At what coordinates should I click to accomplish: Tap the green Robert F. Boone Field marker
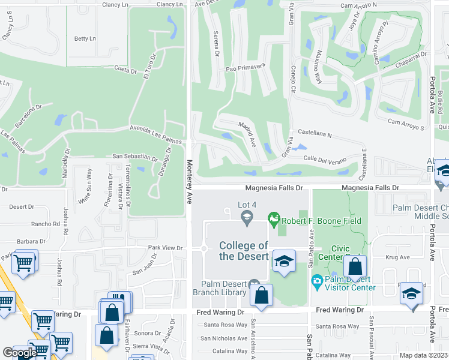coord(275,220)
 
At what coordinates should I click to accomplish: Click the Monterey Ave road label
coord(189,181)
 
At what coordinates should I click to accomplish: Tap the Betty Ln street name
coord(85,39)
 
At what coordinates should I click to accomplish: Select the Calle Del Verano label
coord(326,158)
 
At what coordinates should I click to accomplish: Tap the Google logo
coord(19,353)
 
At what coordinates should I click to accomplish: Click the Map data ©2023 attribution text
coord(423,355)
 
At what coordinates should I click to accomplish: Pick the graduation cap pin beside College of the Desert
coord(284,262)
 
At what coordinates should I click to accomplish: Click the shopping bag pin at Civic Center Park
coord(355,266)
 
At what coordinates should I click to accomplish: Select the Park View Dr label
coord(165,247)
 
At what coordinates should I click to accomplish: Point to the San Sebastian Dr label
coord(135,157)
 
